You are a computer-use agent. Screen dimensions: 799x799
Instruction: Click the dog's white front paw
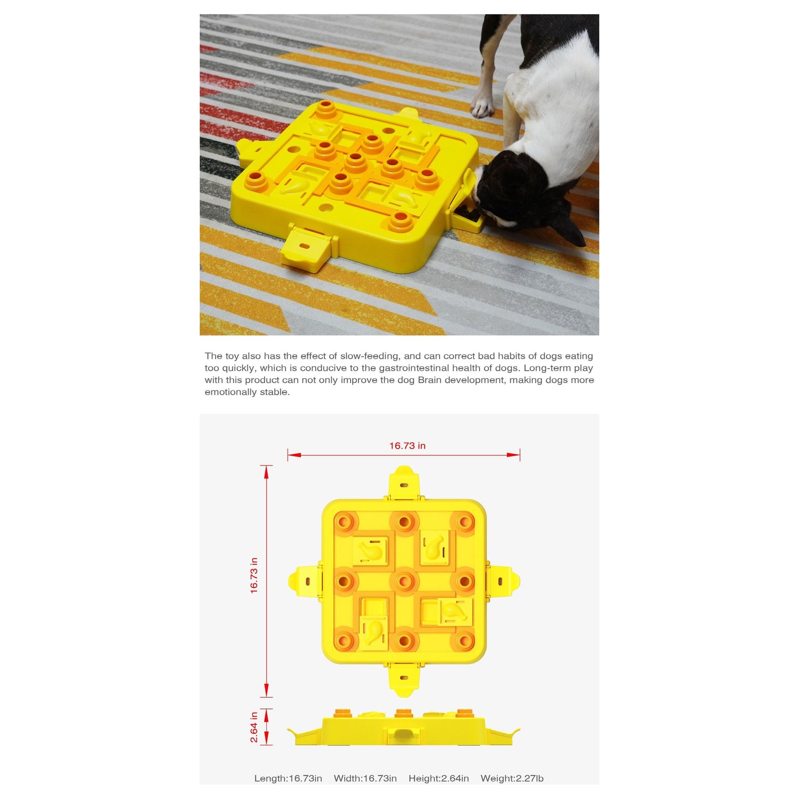click(x=483, y=107)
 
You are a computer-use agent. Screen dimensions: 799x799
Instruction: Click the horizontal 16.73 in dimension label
click(x=407, y=446)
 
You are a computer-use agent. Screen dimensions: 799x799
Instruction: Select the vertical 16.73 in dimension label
click(x=254, y=575)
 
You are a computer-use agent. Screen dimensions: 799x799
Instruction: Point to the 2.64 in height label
click(x=254, y=727)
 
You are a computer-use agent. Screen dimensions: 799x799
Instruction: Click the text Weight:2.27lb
click(x=512, y=778)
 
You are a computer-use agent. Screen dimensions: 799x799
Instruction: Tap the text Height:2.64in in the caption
click(x=439, y=778)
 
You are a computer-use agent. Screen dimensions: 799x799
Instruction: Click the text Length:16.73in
click(x=288, y=778)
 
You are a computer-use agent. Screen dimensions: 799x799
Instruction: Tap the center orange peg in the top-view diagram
click(x=404, y=581)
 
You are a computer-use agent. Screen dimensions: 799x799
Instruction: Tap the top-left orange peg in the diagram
click(x=344, y=521)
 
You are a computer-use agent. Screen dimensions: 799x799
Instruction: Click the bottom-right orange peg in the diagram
click(x=464, y=641)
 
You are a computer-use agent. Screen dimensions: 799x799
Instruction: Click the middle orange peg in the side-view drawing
click(x=404, y=713)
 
